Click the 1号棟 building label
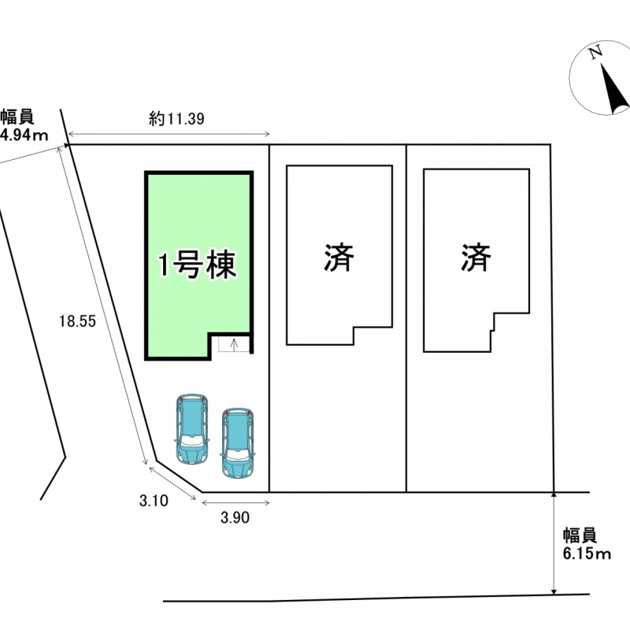coord(197,266)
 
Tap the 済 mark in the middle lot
coord(339,258)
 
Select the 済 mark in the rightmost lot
coord(476,258)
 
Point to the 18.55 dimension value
coord(76,321)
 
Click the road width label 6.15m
coord(587,554)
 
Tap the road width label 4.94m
coord(24,135)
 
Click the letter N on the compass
coord(596,52)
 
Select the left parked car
coord(191,428)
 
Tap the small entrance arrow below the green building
coord(233,343)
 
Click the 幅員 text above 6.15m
coord(580,535)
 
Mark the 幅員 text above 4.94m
coord(17,117)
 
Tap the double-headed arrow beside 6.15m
coord(554,543)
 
